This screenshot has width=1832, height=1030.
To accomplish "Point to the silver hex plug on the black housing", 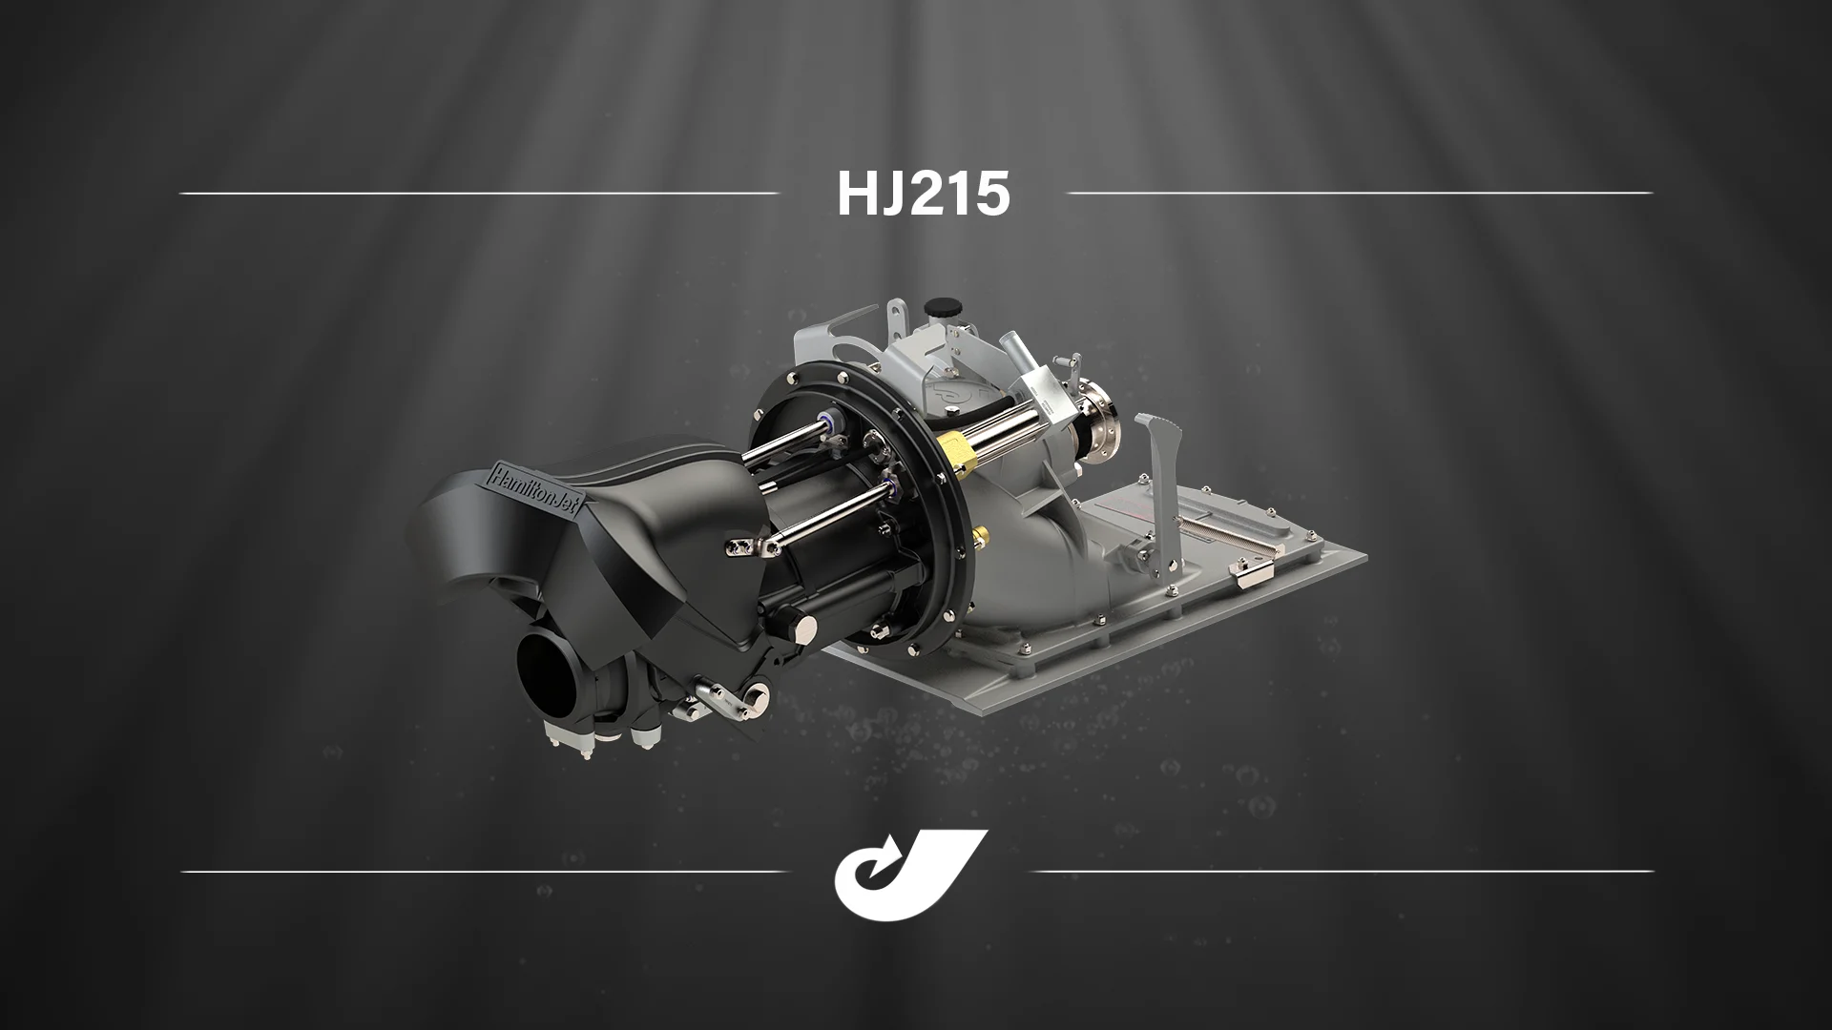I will [x=804, y=626].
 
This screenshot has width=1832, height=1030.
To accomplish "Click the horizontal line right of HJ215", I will [x=1360, y=193].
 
